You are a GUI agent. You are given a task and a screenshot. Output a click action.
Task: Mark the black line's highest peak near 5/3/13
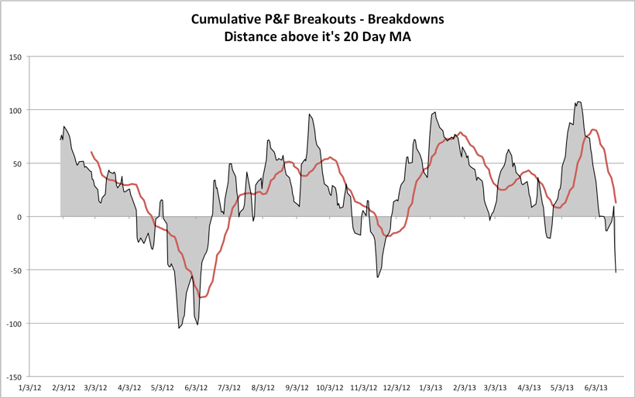pos(578,102)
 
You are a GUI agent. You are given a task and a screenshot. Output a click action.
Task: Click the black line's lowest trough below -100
pos(179,328)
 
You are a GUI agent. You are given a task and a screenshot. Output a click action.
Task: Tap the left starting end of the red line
pos(91,153)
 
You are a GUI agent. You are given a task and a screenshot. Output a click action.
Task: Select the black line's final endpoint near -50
pos(616,273)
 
